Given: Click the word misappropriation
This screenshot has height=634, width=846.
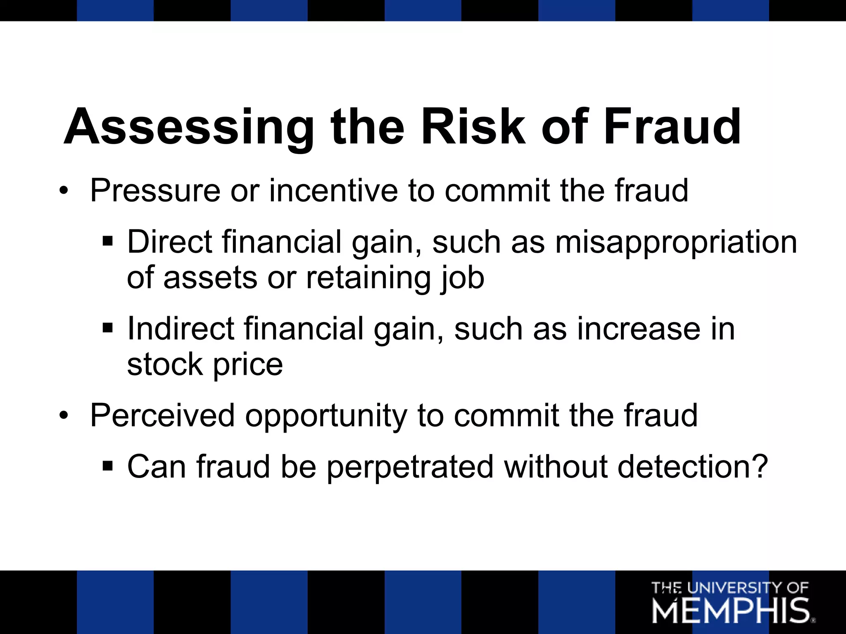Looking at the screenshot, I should (x=676, y=243).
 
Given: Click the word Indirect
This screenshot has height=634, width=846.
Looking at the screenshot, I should (x=181, y=329).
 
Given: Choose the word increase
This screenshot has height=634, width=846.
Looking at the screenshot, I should (x=638, y=329).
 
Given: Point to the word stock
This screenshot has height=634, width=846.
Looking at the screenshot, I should (x=165, y=364).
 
